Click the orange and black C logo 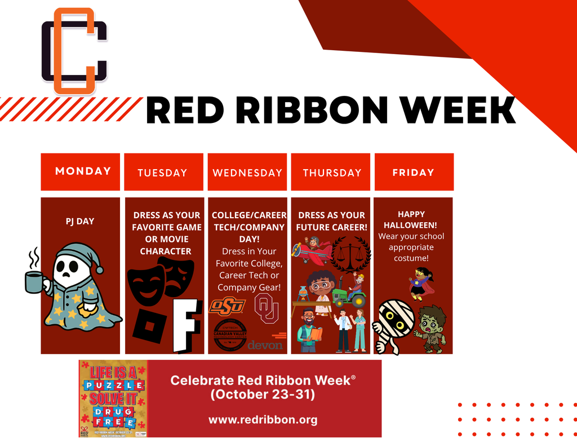[x=74, y=51]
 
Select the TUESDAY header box [x=162, y=173]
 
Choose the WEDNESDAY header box [x=247, y=173]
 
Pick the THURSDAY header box [x=331, y=173]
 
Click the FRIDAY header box [x=413, y=173]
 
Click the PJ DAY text [x=80, y=221]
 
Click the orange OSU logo [x=227, y=306]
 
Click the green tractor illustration [x=349, y=293]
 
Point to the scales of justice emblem [x=350, y=254]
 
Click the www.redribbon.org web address [x=263, y=419]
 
